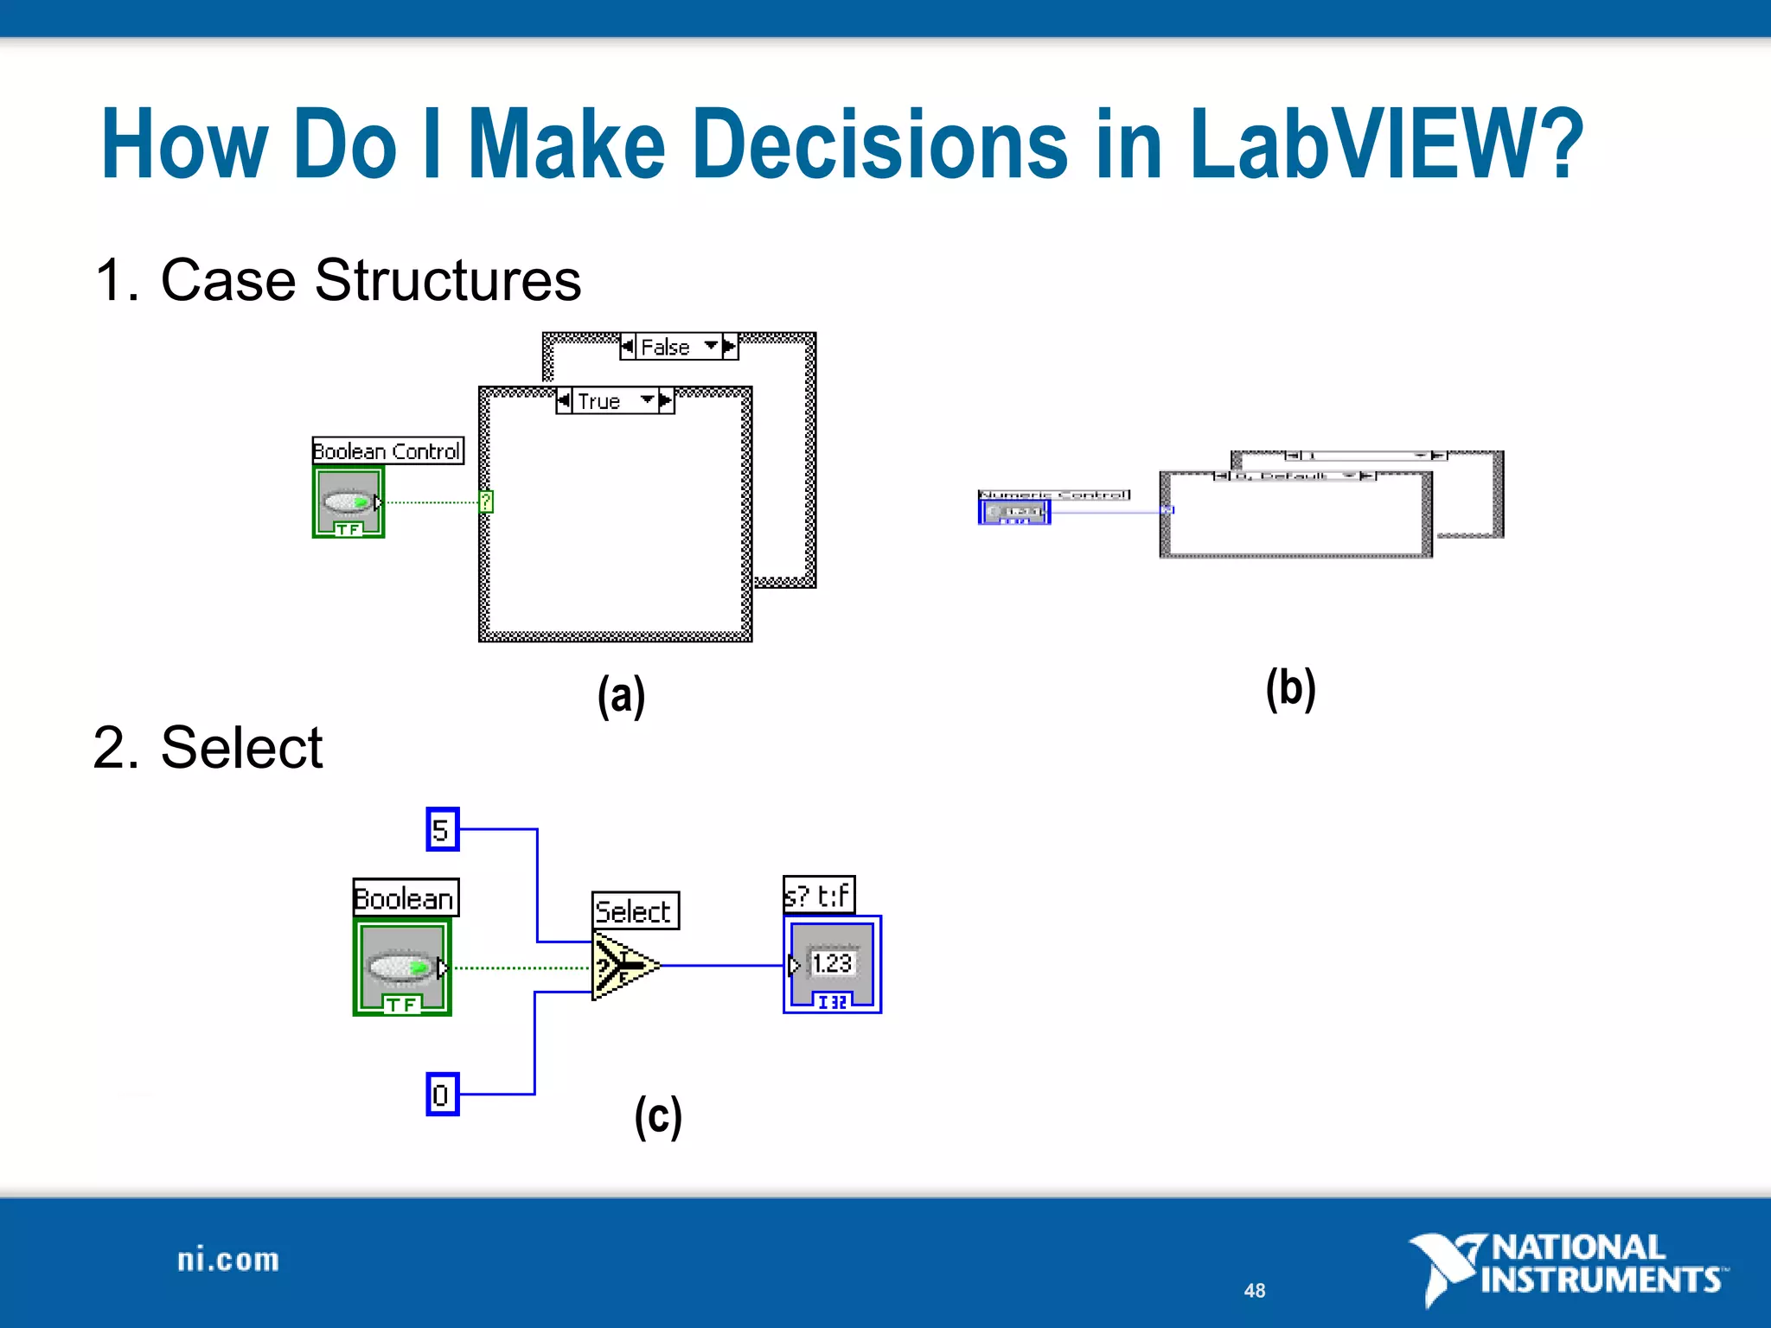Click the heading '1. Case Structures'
pos(337,280)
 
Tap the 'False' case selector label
pos(666,347)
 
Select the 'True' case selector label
pos(599,401)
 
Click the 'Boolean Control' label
pos(387,450)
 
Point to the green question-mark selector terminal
pos(486,501)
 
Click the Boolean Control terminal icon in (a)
pos(348,502)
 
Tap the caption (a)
pos(621,695)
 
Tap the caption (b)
pos(1290,688)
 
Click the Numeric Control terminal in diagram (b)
pos(1014,512)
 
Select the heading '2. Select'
pos(208,747)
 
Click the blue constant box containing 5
pos(442,830)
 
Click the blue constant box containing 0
pos(442,1095)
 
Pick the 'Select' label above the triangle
pos(635,910)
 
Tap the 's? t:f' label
pos(818,895)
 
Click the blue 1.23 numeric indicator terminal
pos(832,964)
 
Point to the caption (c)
pos(658,1116)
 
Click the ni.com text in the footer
pos(228,1260)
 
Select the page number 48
pos(1255,1291)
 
